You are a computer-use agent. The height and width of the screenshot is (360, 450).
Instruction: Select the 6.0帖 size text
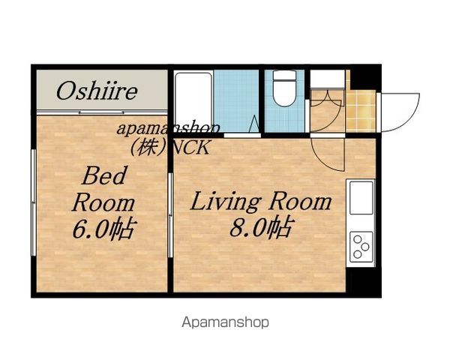(103, 229)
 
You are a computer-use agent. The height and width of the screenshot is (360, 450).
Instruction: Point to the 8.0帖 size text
(261, 226)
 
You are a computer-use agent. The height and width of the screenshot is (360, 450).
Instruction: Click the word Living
(226, 202)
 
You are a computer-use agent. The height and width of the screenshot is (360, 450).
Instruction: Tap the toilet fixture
(284, 88)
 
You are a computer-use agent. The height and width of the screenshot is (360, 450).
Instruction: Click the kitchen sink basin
(361, 198)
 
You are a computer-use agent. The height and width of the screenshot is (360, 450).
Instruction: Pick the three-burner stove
(361, 247)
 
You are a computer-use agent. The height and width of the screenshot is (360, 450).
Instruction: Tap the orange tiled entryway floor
(361, 111)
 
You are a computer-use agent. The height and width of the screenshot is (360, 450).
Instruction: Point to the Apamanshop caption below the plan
(225, 322)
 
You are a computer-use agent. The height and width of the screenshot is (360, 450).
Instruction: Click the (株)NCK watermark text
(170, 147)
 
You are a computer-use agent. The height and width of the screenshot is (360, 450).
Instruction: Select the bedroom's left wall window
(34, 202)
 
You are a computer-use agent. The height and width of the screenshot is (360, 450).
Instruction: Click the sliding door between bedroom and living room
(170, 214)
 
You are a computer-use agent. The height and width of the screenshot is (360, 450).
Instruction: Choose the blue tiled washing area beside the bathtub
(236, 101)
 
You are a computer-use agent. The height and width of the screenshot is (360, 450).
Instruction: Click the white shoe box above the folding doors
(328, 79)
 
